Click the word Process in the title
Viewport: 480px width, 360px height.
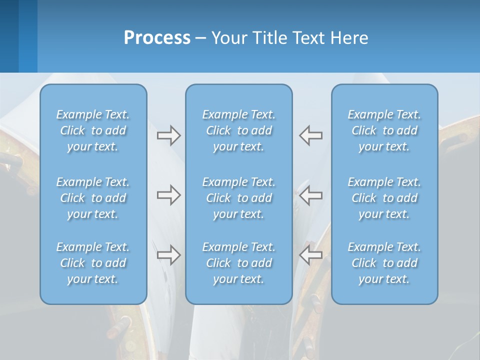tap(157, 38)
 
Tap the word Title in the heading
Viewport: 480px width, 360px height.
tap(270, 38)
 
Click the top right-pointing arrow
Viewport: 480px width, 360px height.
tap(168, 135)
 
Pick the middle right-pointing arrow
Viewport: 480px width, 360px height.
tap(168, 195)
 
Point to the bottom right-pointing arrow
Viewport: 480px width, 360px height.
tap(168, 255)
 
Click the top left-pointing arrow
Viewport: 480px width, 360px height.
tap(311, 135)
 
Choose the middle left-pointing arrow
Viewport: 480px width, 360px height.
tap(311, 195)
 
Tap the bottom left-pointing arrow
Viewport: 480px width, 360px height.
tap(311, 255)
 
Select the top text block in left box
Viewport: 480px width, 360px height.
tap(93, 130)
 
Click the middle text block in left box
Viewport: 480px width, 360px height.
tap(93, 198)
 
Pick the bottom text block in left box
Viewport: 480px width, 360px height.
tap(93, 263)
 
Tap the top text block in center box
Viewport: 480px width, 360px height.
tap(239, 130)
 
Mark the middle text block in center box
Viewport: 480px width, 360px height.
tap(239, 198)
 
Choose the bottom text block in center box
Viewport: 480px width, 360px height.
tap(239, 263)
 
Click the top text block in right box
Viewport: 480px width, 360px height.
tap(384, 130)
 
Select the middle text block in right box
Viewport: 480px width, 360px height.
tap(384, 198)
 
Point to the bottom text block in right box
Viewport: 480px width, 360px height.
tap(384, 263)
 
